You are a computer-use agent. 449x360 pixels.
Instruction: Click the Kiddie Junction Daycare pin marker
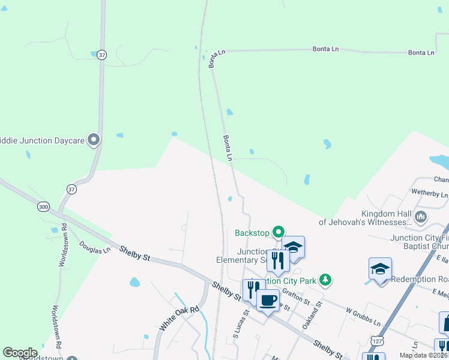point(93,140)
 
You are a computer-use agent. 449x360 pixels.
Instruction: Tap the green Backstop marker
point(279,232)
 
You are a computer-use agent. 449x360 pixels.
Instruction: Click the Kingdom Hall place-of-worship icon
point(421,216)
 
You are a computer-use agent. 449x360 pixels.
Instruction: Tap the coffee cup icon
point(268,299)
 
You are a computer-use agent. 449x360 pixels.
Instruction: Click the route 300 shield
point(43,206)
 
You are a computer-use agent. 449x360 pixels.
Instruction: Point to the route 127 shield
point(376,340)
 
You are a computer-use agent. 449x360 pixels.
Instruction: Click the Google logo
point(20,352)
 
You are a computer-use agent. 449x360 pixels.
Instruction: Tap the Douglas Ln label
point(95,247)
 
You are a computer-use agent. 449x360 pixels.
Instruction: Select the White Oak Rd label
point(178,319)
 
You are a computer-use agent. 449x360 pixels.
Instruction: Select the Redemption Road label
point(420,280)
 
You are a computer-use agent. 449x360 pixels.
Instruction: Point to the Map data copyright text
point(423,355)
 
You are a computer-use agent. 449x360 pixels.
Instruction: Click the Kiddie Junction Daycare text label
point(42,140)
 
